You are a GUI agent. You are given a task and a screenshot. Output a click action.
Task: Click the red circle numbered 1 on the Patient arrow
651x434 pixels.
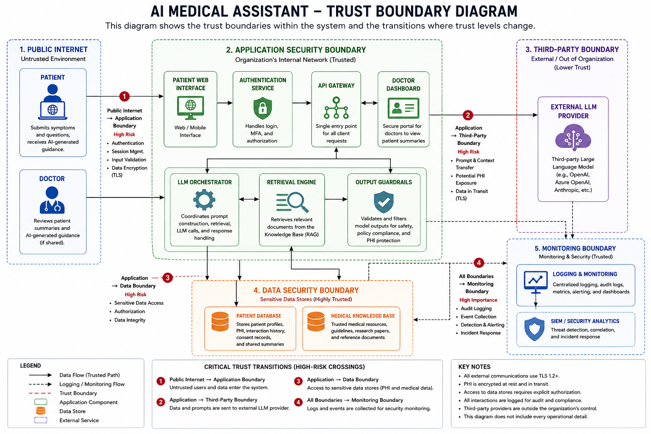click(124, 96)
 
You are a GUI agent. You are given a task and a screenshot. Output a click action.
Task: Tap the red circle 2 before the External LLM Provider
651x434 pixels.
click(467, 115)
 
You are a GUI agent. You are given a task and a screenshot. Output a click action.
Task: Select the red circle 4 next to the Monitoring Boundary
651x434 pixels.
click(479, 263)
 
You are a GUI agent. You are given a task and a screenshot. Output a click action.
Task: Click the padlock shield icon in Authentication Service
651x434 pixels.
click(262, 108)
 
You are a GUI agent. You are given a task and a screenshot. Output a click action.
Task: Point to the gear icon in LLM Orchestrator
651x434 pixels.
click(204, 200)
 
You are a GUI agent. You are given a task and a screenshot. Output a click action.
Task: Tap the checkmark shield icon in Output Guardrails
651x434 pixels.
click(384, 202)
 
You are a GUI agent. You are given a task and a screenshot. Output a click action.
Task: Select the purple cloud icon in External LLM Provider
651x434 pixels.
click(573, 137)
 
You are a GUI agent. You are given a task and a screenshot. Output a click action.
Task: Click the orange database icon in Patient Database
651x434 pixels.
click(220, 322)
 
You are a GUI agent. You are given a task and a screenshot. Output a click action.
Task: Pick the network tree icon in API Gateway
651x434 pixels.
click(336, 108)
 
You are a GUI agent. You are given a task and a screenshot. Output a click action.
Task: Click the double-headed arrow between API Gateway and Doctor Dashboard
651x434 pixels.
click(369, 103)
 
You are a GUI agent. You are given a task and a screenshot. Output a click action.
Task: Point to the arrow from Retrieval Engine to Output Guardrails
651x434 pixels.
click(336, 199)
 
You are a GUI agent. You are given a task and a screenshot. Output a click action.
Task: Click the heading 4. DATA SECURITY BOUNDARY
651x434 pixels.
click(306, 290)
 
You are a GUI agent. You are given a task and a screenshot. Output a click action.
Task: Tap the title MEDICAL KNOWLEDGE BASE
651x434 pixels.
click(363, 316)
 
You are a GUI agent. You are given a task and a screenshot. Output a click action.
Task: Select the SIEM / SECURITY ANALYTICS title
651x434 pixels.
click(585, 321)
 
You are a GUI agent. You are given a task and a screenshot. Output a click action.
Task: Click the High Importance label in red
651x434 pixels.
click(479, 300)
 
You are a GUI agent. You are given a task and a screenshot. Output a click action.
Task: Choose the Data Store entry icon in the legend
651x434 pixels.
click(41, 411)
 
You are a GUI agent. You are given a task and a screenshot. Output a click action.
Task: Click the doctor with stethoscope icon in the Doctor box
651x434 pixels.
click(52, 200)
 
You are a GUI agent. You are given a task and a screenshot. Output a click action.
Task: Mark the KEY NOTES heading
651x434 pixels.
click(474, 367)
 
